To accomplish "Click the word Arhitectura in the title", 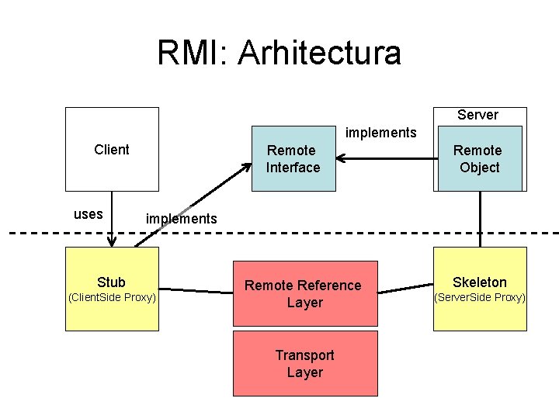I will (x=320, y=53).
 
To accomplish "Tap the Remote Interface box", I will (x=293, y=158).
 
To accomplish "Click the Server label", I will (x=477, y=115).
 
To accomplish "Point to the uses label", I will (x=88, y=214).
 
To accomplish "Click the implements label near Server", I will (x=380, y=132).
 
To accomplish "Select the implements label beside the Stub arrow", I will (x=182, y=219).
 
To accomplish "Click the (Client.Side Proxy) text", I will (x=112, y=298).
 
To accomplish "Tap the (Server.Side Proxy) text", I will (x=479, y=298).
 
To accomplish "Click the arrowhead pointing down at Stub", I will (x=112, y=242).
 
